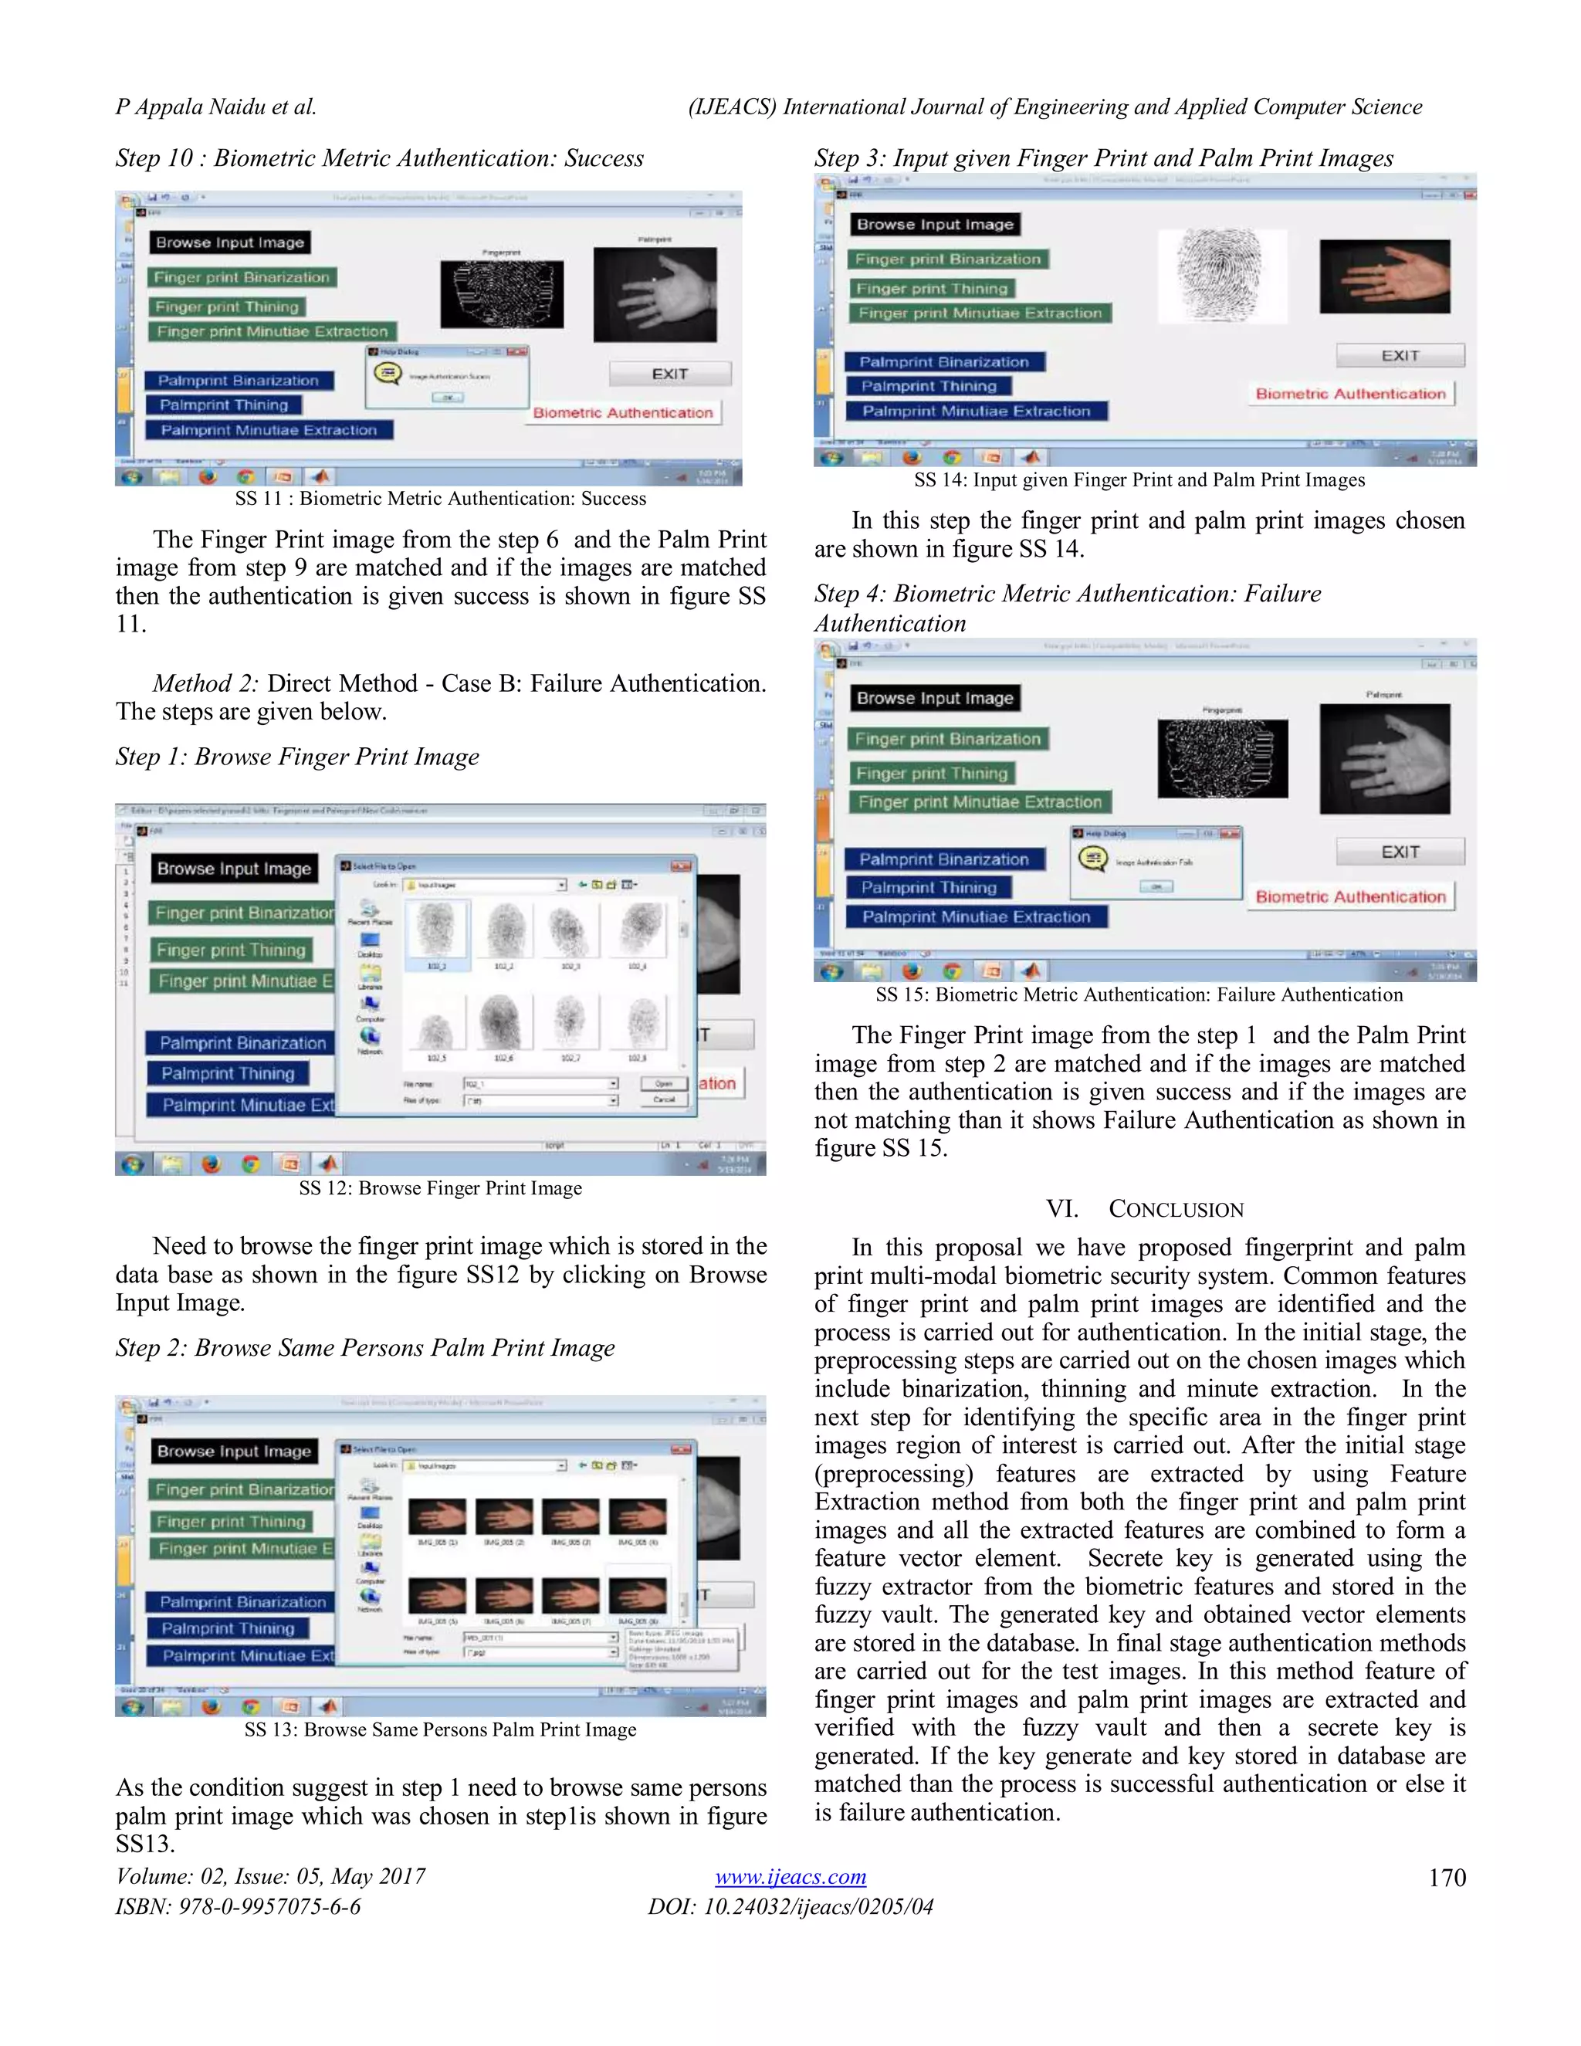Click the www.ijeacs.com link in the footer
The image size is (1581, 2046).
tap(790, 1876)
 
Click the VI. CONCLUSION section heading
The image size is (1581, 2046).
tap(1145, 1208)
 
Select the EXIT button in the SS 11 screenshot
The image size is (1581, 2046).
tap(669, 374)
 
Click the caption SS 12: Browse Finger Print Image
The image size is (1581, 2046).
tap(440, 1188)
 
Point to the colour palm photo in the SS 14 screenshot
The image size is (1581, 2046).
tap(1384, 276)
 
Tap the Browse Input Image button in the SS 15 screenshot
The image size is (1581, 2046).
tap(935, 698)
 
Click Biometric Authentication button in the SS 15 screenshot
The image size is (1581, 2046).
tap(1349, 896)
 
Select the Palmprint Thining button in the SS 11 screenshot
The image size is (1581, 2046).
tap(224, 405)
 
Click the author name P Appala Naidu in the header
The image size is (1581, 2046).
tap(215, 107)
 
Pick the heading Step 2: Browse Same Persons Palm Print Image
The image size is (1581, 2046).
tap(365, 1347)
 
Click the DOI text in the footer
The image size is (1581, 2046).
tap(790, 1906)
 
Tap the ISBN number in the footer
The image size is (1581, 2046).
tap(238, 1906)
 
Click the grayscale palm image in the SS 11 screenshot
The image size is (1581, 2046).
tap(655, 294)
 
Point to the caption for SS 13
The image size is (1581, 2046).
tap(440, 1729)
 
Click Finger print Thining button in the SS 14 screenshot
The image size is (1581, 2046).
tap(932, 289)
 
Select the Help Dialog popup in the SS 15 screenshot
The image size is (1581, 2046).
tap(1156, 862)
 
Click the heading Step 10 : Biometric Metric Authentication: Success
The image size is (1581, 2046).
tap(379, 158)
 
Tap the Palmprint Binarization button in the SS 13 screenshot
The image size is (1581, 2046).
tap(242, 1602)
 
